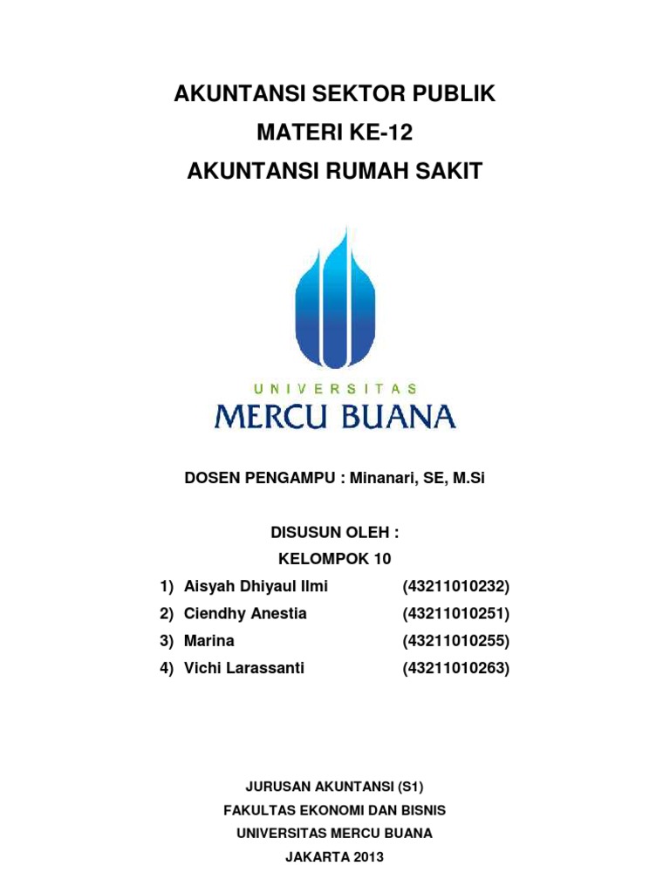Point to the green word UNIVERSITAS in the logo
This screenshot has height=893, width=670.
[x=334, y=388]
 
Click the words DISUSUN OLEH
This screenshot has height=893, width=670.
[x=334, y=533]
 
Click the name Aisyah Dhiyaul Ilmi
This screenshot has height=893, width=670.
[x=256, y=586]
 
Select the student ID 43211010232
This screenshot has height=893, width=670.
[x=455, y=586]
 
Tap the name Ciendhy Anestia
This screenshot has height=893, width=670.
[x=245, y=613]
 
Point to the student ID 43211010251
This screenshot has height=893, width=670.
[x=455, y=613]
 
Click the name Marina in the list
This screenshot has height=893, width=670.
[x=209, y=641]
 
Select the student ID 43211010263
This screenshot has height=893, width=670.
[x=455, y=668]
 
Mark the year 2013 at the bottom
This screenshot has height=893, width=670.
[x=366, y=856]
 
